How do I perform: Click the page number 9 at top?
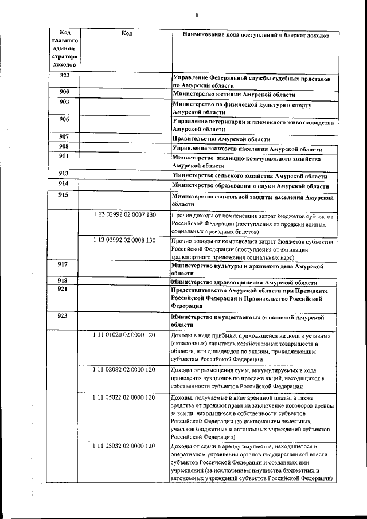[197, 15]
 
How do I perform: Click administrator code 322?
[65, 76]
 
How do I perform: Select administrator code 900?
[65, 92]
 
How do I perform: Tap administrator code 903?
[64, 102]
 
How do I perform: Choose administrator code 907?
[64, 137]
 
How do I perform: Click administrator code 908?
[64, 147]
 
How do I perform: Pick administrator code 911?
[64, 156]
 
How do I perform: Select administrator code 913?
[64, 173]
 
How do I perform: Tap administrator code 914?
[64, 184]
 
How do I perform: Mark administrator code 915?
[64, 196]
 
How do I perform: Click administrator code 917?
[64, 264]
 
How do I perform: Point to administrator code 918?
[64, 281]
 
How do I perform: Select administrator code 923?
[64, 315]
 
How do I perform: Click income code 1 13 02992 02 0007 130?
[124, 214]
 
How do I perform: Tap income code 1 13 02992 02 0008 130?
[124, 240]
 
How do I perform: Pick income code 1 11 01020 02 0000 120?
[124, 334]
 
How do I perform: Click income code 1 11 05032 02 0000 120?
[124, 446]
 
